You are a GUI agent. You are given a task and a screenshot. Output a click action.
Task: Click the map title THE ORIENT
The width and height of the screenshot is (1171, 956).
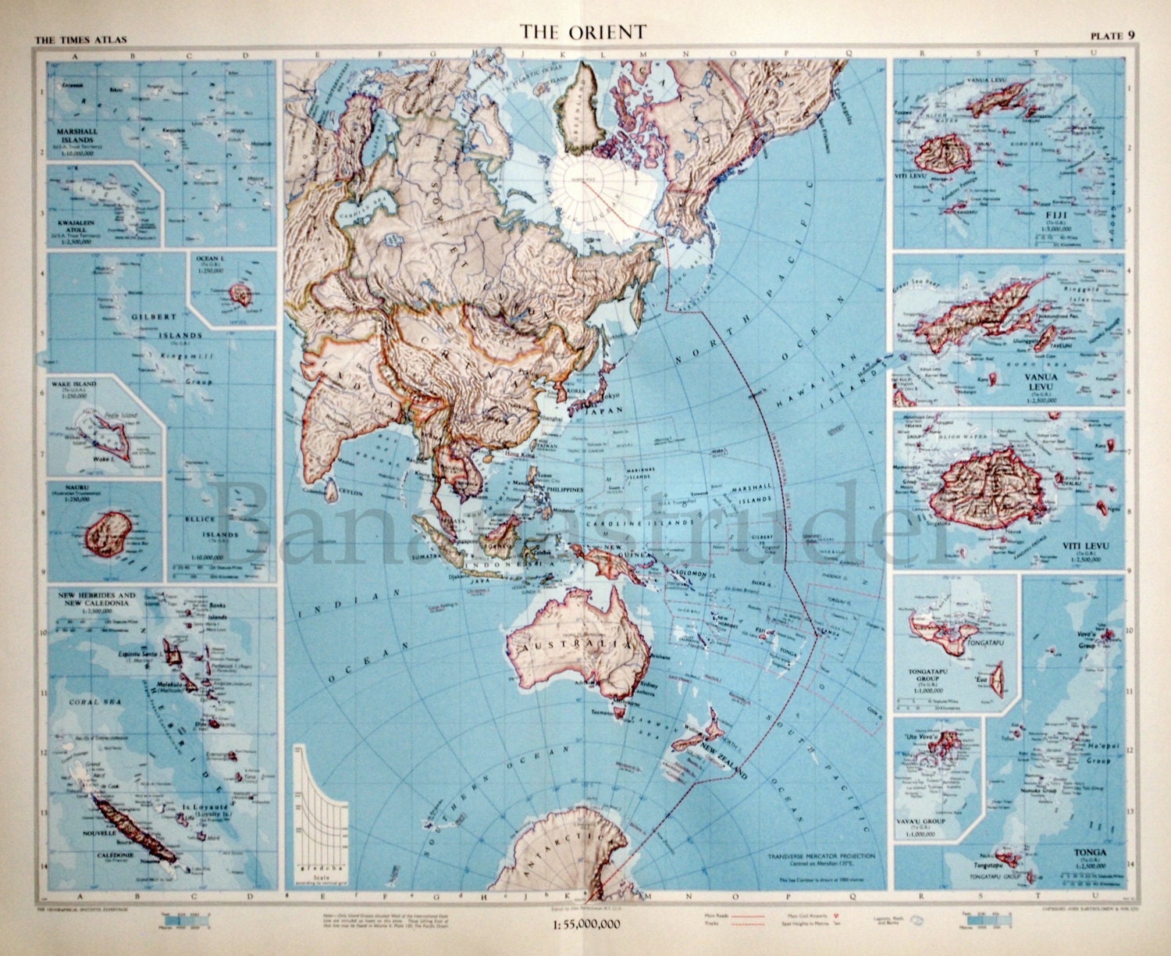[x=584, y=31]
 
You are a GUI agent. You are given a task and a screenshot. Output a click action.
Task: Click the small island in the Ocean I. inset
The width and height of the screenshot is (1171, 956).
[x=236, y=294]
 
